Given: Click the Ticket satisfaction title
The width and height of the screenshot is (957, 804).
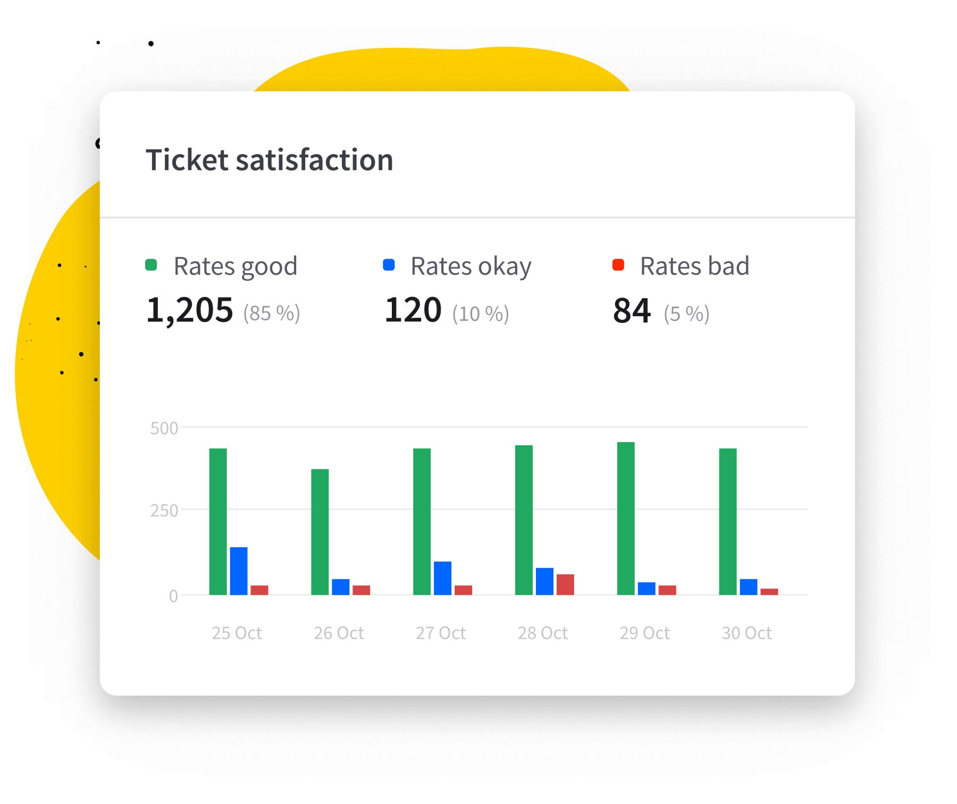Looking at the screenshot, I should coord(270,160).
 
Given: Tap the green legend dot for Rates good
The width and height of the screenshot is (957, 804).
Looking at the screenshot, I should coord(151,265).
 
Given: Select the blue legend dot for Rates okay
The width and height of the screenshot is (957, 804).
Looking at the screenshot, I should coord(389,265).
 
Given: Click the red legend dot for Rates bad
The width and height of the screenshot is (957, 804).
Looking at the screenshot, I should coord(618,265).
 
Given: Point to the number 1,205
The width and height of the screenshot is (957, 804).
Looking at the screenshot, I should coord(190,310).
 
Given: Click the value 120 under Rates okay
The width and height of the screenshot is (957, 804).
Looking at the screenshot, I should coord(413,310).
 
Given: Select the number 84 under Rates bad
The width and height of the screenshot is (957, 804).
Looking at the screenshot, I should coord(632,311).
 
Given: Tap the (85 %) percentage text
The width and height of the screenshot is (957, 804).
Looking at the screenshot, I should coord(272,314).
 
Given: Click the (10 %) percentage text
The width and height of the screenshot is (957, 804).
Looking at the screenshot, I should coord(481,314).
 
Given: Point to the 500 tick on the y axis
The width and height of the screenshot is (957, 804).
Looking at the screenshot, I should coord(164,428).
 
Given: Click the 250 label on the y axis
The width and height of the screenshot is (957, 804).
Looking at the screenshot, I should coord(164,511).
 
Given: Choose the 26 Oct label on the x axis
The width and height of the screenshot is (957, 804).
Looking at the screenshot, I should coord(339,633).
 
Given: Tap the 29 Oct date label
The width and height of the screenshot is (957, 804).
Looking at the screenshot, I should coord(644,633).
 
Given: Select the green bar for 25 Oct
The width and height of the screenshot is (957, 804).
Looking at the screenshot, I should coord(218,521).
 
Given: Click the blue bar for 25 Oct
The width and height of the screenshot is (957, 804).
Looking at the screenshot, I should coord(239,571).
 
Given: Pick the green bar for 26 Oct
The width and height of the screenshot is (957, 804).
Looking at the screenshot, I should coord(320,531).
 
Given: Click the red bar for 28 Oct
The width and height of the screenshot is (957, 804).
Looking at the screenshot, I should coord(565,585).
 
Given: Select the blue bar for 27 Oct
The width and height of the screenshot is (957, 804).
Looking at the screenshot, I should coord(442,578).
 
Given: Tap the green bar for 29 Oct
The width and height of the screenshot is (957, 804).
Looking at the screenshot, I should coord(626,518).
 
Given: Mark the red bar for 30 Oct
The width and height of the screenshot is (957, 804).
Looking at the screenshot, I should coord(769,591).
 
